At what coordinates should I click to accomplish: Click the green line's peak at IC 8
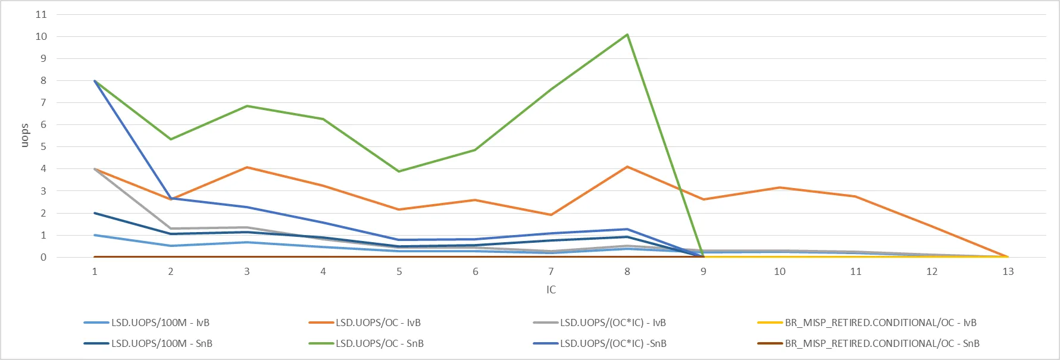[x=627, y=35]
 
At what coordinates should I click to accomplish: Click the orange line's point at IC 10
[x=780, y=188]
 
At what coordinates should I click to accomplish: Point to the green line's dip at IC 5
[x=399, y=171]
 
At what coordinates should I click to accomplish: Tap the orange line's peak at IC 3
[x=247, y=167]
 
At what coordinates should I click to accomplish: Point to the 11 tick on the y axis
[x=41, y=14]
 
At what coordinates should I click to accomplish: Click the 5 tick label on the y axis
[x=43, y=147]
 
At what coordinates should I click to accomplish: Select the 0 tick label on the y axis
[x=43, y=258]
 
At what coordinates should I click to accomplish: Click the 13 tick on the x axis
[x=1008, y=272]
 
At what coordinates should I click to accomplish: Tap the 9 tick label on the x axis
[x=703, y=272]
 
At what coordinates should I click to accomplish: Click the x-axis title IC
[x=551, y=290]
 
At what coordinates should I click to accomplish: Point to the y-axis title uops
[x=24, y=136]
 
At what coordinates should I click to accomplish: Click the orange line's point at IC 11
[x=856, y=196]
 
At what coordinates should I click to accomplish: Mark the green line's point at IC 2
[x=171, y=139]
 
